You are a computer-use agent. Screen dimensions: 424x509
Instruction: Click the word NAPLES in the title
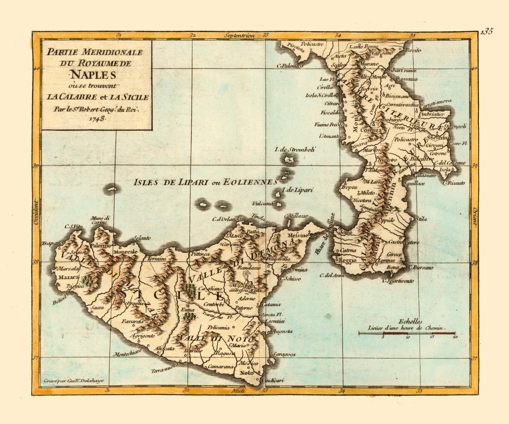point(93,75)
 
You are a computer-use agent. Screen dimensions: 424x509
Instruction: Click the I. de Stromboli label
point(295,149)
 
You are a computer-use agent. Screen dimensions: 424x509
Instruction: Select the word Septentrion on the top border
point(239,36)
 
